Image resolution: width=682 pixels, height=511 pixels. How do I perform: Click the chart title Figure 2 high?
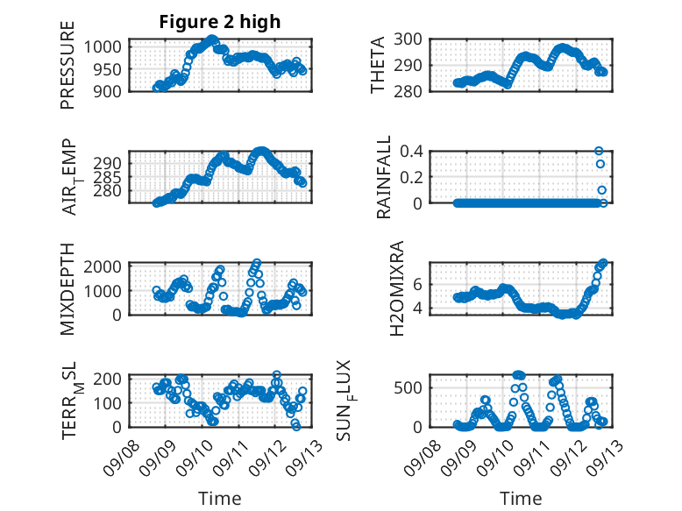pos(219,23)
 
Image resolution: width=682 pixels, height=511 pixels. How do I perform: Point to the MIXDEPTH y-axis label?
pos(67,289)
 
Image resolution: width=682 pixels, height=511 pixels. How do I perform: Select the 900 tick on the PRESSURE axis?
pos(111,90)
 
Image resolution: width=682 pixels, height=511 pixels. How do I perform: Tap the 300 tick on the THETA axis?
pos(415,39)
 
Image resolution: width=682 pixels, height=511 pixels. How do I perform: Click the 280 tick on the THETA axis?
pos(415,90)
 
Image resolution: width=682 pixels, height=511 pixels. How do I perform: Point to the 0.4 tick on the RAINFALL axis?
pos(413,151)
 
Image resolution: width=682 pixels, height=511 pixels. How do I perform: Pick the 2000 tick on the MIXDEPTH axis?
pos(105,266)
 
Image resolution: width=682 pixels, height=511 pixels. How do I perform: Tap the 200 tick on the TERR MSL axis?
pos(111,379)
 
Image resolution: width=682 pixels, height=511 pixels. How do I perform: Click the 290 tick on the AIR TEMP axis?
pos(111,163)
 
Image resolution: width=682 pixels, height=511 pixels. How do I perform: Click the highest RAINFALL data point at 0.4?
pos(600,151)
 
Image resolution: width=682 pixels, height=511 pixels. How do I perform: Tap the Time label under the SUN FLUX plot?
pos(521,499)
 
